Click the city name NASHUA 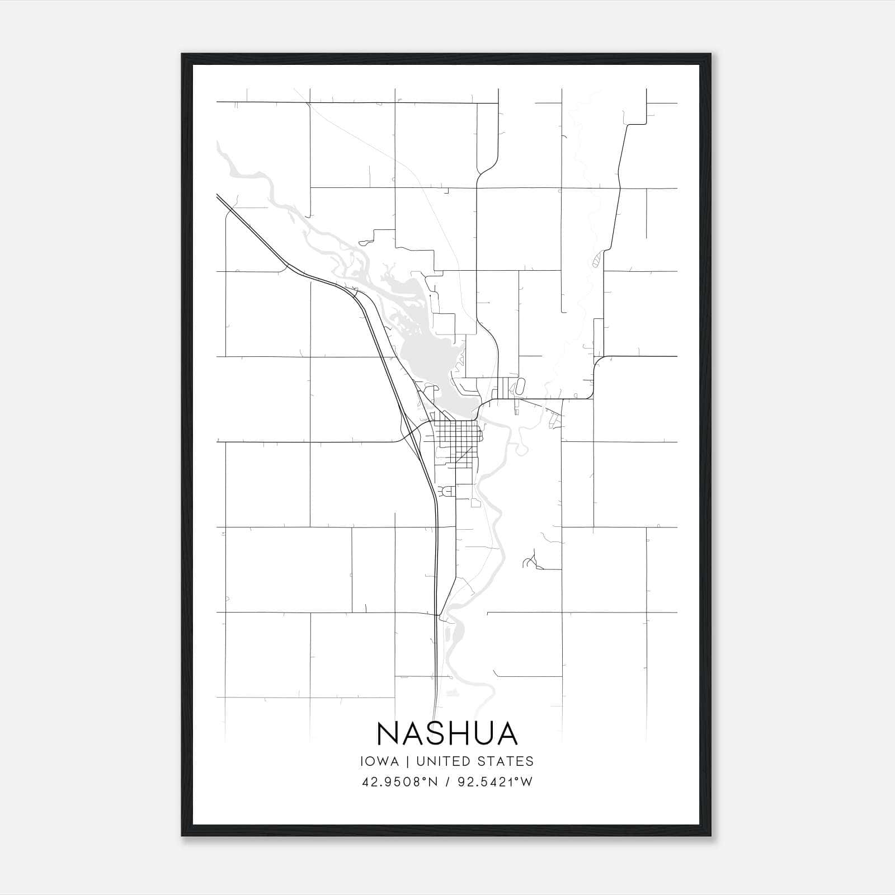point(447,733)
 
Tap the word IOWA point(380,761)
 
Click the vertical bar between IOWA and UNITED point(407,761)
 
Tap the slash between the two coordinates point(447,782)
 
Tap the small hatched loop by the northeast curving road point(596,258)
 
